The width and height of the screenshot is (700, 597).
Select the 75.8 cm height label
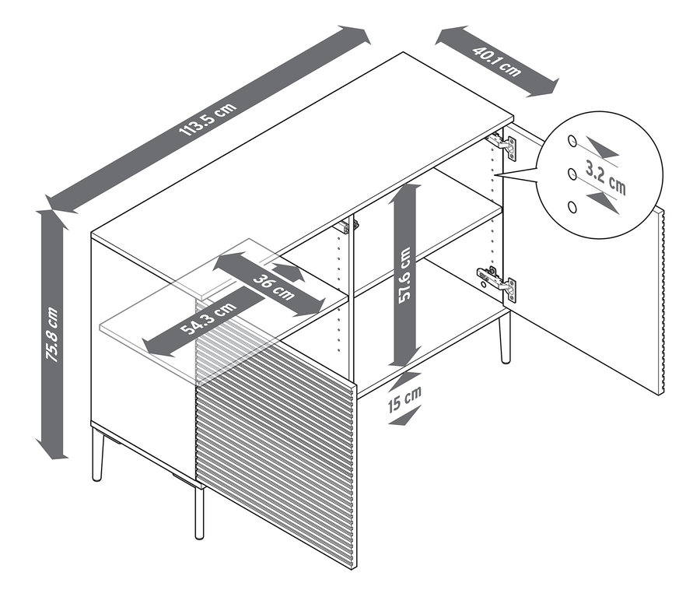pos(53,335)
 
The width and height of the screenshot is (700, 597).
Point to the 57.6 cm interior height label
pos(404,276)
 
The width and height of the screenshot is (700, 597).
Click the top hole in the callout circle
pos(572,142)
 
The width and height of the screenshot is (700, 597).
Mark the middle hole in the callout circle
pos(572,174)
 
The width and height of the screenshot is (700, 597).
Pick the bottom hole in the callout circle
pos(573,206)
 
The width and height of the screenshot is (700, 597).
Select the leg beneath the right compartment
pos(504,335)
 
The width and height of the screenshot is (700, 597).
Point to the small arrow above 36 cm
pos(287,272)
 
